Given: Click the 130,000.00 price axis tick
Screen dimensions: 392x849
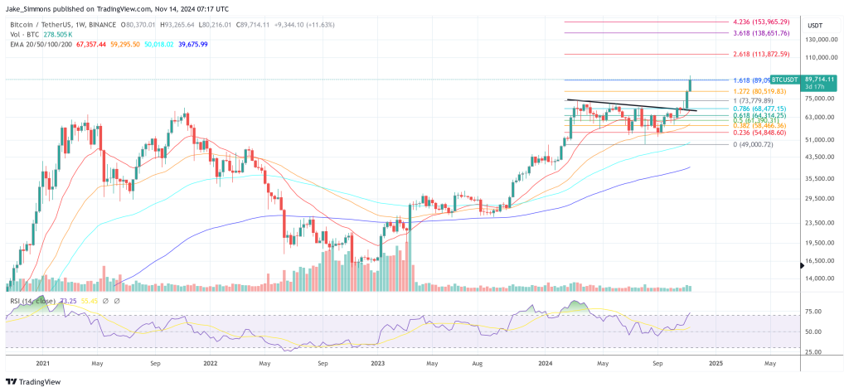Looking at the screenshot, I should click(x=817, y=39).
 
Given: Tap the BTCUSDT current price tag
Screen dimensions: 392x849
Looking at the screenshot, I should click(x=789, y=80).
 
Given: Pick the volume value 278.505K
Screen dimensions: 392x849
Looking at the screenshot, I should click(x=57, y=35).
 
